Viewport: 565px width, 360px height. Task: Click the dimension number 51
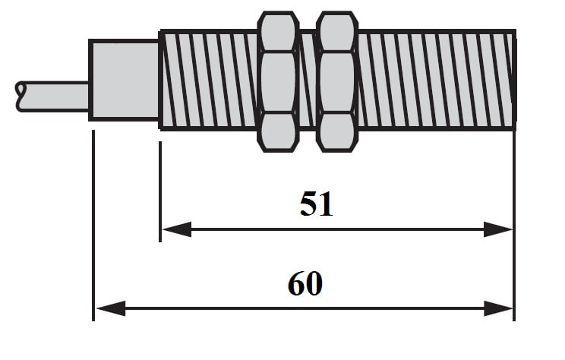[317, 204]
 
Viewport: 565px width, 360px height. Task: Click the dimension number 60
[305, 283]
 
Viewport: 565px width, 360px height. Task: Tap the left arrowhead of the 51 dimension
[177, 229]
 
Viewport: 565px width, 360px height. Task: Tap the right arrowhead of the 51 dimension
[498, 229]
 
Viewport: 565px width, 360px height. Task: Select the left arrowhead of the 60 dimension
[111, 309]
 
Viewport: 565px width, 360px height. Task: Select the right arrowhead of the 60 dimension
[498, 309]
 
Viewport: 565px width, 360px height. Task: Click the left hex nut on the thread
[278, 82]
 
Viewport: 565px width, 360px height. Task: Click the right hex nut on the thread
[337, 82]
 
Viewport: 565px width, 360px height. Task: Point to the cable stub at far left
[52, 96]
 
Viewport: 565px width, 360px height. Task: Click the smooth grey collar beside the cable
[125, 80]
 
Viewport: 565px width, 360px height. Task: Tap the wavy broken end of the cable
[21, 96]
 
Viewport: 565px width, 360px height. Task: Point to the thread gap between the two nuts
[308, 80]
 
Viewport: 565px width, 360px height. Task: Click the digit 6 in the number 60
[296, 283]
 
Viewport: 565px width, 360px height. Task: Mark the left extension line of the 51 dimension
[160, 191]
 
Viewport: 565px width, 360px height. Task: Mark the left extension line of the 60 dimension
[93, 226]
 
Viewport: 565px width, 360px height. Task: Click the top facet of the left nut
[278, 33]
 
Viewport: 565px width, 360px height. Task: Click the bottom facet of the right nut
[337, 131]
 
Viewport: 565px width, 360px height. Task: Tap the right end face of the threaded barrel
[515, 80]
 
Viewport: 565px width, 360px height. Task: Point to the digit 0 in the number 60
[314, 283]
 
